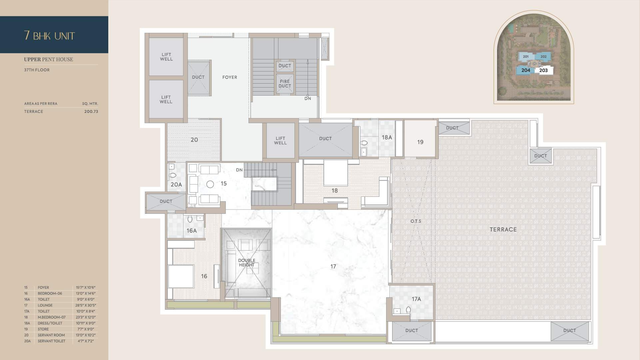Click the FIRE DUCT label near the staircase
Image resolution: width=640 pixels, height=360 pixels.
click(x=285, y=84)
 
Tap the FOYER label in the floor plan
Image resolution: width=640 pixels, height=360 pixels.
click(x=230, y=77)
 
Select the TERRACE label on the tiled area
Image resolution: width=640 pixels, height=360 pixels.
click(x=503, y=229)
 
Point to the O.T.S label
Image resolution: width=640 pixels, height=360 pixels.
click(x=416, y=221)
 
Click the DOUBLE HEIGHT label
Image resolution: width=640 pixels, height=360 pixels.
click(x=247, y=263)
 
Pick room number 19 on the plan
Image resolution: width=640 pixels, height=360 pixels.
click(x=420, y=142)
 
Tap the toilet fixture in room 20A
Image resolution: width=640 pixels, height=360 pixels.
click(x=172, y=175)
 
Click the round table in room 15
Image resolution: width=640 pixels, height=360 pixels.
click(x=210, y=184)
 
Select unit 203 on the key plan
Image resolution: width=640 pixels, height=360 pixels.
click(x=543, y=70)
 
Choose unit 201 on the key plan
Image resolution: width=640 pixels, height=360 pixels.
click(x=526, y=57)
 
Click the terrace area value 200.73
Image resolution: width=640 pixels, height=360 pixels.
click(x=91, y=112)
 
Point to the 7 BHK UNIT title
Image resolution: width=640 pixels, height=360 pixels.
click(x=50, y=36)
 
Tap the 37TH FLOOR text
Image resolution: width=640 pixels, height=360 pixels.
click(x=37, y=70)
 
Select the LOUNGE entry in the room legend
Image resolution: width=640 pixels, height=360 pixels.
click(x=45, y=305)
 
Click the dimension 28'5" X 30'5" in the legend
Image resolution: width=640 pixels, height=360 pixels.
click(x=86, y=305)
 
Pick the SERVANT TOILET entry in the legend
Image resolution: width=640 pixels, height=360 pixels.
click(x=52, y=341)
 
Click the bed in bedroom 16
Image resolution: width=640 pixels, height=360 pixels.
click(x=181, y=276)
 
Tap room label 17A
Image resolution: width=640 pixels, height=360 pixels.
click(x=416, y=299)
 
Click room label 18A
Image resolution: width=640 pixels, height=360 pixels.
click(x=387, y=137)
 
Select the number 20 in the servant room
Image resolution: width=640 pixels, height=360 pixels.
click(x=194, y=140)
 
